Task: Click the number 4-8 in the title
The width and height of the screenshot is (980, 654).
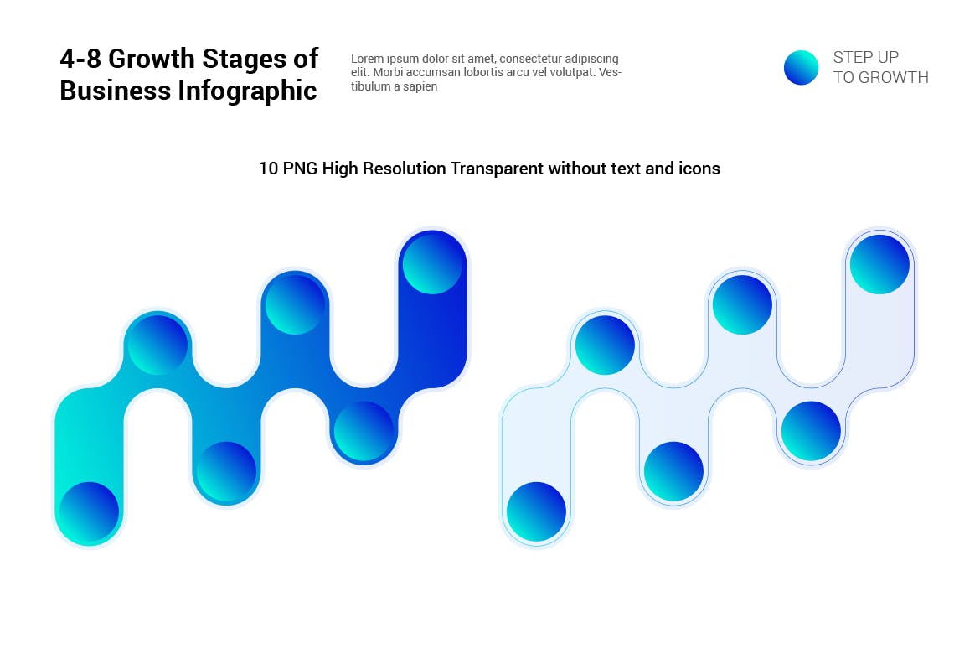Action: click(80, 59)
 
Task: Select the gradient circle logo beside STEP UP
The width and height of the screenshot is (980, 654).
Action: click(801, 68)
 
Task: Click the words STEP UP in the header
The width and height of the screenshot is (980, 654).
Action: click(865, 57)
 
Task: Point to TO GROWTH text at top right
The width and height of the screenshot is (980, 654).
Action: click(880, 78)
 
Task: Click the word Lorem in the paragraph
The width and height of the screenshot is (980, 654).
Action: click(366, 59)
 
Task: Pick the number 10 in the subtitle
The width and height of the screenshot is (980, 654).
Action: click(268, 169)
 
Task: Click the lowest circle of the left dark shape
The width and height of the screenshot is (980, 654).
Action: click(89, 511)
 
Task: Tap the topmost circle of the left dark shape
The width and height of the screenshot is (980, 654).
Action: click(432, 264)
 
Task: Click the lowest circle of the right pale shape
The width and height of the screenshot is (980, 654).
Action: click(536, 511)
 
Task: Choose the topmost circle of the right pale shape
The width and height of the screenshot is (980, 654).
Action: click(879, 264)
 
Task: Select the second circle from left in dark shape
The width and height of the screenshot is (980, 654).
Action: click(157, 345)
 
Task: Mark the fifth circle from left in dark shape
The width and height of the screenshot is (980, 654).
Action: click(364, 431)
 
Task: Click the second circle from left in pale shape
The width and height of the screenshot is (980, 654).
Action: click(605, 345)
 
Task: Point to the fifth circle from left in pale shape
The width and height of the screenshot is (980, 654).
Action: click(811, 431)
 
